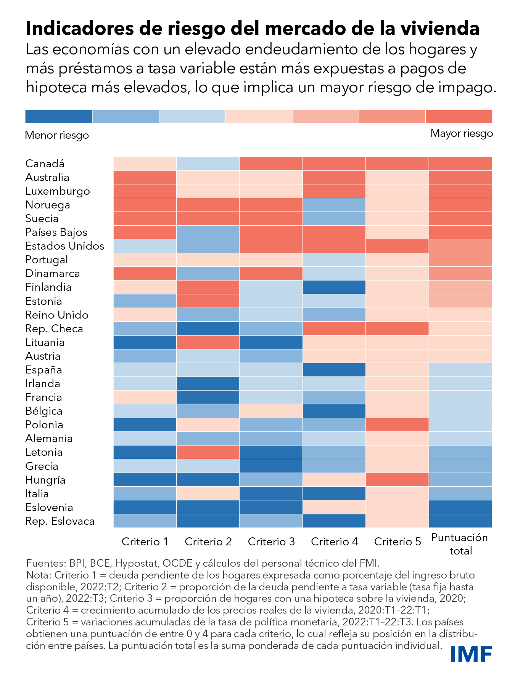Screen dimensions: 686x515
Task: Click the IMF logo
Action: click(471, 654)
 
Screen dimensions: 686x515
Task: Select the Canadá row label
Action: click(45, 164)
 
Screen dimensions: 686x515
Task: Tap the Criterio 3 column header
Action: click(271, 542)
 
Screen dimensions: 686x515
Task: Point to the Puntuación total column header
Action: click(460, 544)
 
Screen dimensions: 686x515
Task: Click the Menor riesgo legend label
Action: click(57, 135)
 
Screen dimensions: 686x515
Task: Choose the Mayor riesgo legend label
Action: click(462, 133)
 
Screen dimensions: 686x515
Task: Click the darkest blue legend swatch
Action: click(59, 117)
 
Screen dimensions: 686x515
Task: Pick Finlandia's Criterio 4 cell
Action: click(334, 287)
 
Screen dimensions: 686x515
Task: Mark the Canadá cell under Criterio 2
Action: click(208, 163)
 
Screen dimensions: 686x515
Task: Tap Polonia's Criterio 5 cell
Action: click(397, 425)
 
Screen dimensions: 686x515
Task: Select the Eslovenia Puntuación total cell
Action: click(460, 507)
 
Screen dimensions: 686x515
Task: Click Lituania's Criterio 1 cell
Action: click(145, 342)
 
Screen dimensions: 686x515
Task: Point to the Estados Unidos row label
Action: click(64, 246)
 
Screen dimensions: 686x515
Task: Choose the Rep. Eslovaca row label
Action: click(60, 521)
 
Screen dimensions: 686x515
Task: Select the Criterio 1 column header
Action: click(145, 542)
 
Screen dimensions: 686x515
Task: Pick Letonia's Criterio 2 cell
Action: click(208, 452)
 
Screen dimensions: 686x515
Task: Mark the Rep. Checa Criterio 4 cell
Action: click(334, 329)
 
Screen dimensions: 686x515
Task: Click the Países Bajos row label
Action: click(56, 232)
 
